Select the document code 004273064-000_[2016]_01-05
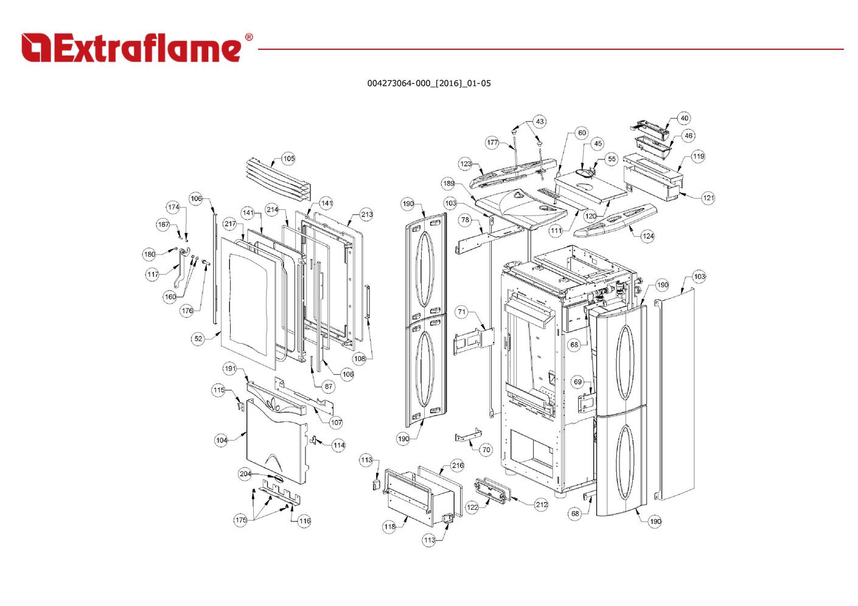click(428, 83)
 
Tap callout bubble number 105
click(288, 159)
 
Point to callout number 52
click(198, 339)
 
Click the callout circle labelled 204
click(245, 474)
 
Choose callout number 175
click(240, 520)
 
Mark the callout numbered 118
click(389, 527)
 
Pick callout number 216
click(458, 465)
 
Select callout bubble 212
click(542, 504)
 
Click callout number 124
click(647, 236)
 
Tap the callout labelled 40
click(684, 119)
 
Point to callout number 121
click(708, 198)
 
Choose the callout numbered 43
click(540, 122)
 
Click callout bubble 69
click(577, 382)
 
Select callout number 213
click(366, 214)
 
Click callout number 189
click(448, 184)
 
